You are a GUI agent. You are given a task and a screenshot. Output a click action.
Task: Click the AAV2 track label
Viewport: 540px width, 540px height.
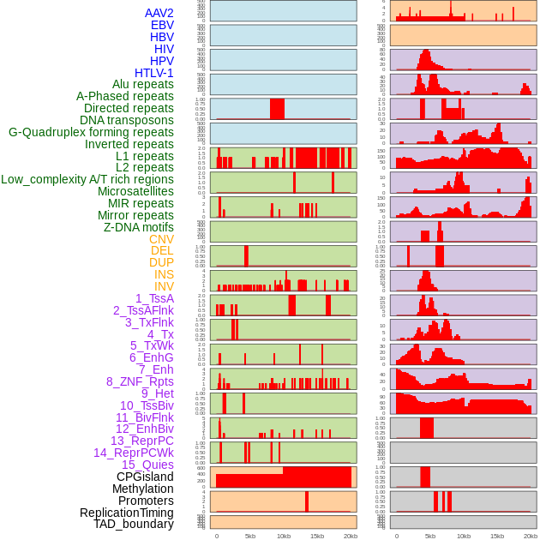pos(159,13)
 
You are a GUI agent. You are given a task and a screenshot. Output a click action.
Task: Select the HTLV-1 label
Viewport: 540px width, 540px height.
pos(153,73)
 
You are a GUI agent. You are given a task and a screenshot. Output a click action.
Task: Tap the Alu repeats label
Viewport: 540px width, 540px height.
pos(143,84)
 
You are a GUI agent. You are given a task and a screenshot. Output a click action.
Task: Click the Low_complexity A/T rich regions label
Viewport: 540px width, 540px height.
pos(87,179)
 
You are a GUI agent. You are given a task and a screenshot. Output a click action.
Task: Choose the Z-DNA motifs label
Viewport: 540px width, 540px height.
pos(138,227)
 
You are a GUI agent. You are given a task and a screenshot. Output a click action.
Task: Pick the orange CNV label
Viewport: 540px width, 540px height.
pos(161,239)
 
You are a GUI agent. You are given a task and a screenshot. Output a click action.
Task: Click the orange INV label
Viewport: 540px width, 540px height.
pos(164,286)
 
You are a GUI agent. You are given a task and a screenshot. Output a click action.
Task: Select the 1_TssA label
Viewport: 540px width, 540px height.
pos(154,298)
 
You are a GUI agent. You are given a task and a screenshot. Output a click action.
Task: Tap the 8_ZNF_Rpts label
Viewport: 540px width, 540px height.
pos(140,381)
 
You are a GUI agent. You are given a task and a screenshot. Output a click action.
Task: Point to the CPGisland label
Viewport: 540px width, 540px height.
pos(145,477)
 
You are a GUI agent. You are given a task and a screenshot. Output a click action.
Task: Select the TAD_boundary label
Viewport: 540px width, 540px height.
pos(134,524)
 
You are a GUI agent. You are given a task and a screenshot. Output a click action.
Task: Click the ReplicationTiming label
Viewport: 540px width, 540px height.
pos(126,513)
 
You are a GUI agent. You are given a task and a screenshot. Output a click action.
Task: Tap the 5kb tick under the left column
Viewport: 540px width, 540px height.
pos(250,536)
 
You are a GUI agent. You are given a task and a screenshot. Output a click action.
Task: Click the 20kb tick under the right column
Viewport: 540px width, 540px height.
pos(531,536)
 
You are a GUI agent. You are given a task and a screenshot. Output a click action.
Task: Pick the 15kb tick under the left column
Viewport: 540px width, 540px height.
pos(317,536)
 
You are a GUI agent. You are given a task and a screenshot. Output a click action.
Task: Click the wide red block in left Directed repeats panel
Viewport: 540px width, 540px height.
pos(277,109)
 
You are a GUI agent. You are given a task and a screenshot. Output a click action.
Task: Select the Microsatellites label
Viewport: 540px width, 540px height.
pos(135,191)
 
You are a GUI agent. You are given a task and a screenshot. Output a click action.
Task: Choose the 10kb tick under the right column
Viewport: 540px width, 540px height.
pos(464,536)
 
